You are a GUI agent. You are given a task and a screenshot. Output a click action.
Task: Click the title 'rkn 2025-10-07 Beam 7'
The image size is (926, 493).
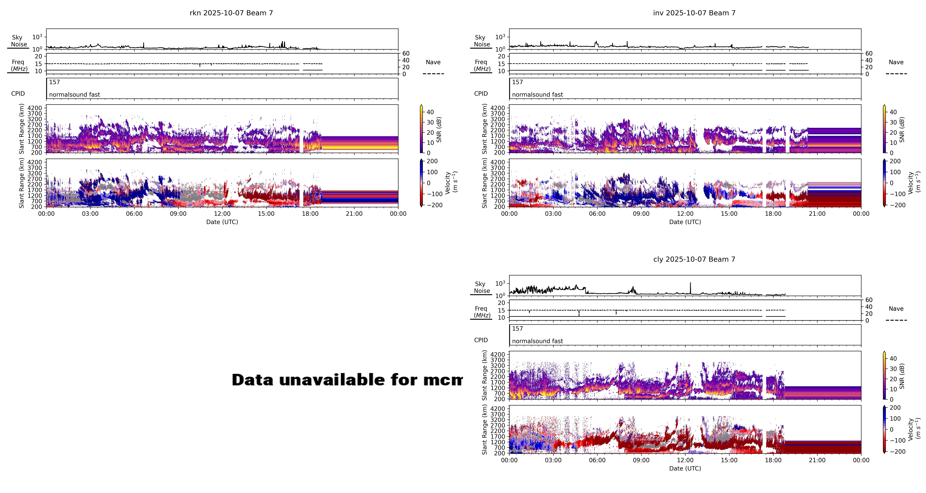pyautogui.click(x=231, y=13)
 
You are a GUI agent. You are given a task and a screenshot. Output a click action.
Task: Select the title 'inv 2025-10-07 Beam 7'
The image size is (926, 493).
pyautogui.click(x=694, y=13)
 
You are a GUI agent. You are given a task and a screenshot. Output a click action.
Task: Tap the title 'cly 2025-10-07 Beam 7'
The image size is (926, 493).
pyautogui.click(x=694, y=259)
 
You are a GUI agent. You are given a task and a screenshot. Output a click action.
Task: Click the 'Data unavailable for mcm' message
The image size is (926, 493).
pyautogui.click(x=347, y=380)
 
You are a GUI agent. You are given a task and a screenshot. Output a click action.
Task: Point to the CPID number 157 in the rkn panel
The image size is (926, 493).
pyautogui.click(x=55, y=82)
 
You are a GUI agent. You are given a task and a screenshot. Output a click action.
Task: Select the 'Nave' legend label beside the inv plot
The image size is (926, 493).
pyautogui.click(x=896, y=62)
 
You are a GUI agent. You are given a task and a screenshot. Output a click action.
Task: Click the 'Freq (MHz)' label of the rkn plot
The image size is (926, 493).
pyautogui.click(x=19, y=65)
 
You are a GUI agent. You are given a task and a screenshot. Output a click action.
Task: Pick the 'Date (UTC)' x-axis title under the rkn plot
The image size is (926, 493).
pyautogui.click(x=222, y=222)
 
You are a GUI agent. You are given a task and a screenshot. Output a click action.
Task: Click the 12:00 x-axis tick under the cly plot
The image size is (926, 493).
pyautogui.click(x=685, y=460)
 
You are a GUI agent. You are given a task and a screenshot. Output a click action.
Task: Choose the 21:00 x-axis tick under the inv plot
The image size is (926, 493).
pyautogui.click(x=817, y=214)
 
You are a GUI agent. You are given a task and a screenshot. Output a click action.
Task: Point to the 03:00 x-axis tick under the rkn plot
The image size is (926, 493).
pyautogui.click(x=90, y=214)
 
